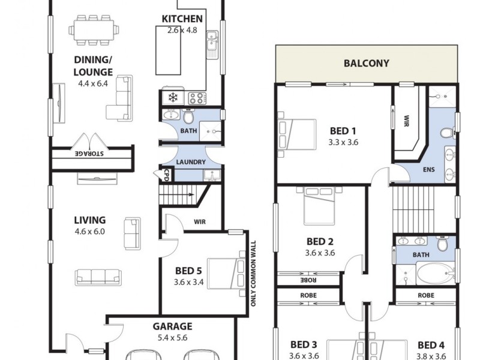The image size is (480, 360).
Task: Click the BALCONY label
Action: (x=366, y=63)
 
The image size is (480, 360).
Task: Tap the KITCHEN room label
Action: (x=182, y=19)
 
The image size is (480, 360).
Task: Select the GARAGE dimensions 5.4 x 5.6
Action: (x=172, y=338)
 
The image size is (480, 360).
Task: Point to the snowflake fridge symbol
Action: (x=173, y=97)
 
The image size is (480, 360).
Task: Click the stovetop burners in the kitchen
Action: (x=197, y=98)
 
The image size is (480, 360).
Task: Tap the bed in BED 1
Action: (x=296, y=133)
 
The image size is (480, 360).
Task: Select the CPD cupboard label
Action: (x=166, y=174)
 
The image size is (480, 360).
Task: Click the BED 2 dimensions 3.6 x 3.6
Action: (x=320, y=253)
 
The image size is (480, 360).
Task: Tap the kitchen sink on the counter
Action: (x=211, y=42)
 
